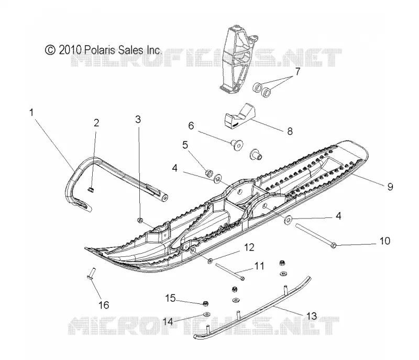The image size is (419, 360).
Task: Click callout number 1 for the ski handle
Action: pos(31,113)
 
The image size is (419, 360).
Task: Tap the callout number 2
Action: pos(96,123)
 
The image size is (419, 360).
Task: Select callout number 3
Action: pos(138,119)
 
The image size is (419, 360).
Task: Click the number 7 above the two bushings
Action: pos(297,71)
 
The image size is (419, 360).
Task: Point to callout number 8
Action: pos(290,131)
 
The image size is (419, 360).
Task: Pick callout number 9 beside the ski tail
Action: pos(390,187)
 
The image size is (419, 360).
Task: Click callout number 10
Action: pos(385,241)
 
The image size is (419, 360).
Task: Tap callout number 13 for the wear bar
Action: pos(311,316)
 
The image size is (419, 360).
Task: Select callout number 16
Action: pos(104,305)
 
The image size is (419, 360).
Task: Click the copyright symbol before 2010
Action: pos(50,50)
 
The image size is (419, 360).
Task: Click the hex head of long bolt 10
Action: pos(333,245)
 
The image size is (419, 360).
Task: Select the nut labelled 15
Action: pos(205,303)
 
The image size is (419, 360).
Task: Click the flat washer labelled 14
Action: pos(206,314)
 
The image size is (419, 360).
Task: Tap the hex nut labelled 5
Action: pos(208,173)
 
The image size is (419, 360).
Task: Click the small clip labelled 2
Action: pos(90,190)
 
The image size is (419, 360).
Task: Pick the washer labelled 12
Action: pos(211,260)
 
